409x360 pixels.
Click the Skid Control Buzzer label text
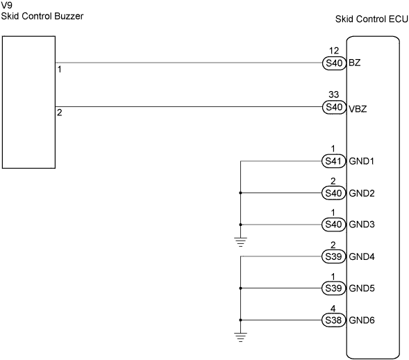coord(42,16)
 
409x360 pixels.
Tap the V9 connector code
coord(7,5)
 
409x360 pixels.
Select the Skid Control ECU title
coord(372,19)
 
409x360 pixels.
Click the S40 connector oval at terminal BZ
coord(334,63)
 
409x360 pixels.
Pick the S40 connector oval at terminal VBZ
coord(334,107)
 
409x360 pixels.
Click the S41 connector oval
coord(333,161)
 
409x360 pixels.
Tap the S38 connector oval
coord(333,320)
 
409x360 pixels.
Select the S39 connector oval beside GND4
coord(333,256)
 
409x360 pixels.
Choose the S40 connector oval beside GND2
coord(333,193)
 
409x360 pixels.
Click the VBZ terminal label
coord(358,109)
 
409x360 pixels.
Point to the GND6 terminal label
coord(362,320)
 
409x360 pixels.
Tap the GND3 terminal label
coord(362,224)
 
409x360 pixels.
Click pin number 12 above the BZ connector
coord(334,50)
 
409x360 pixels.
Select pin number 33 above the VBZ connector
coord(334,95)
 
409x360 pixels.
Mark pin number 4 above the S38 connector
coord(333,309)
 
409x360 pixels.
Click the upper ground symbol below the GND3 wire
coord(240,242)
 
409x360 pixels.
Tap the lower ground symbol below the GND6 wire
coord(240,337)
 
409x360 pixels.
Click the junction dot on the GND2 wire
coord(240,193)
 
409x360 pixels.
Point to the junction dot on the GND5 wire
coord(240,288)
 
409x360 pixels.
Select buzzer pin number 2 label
coord(60,113)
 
